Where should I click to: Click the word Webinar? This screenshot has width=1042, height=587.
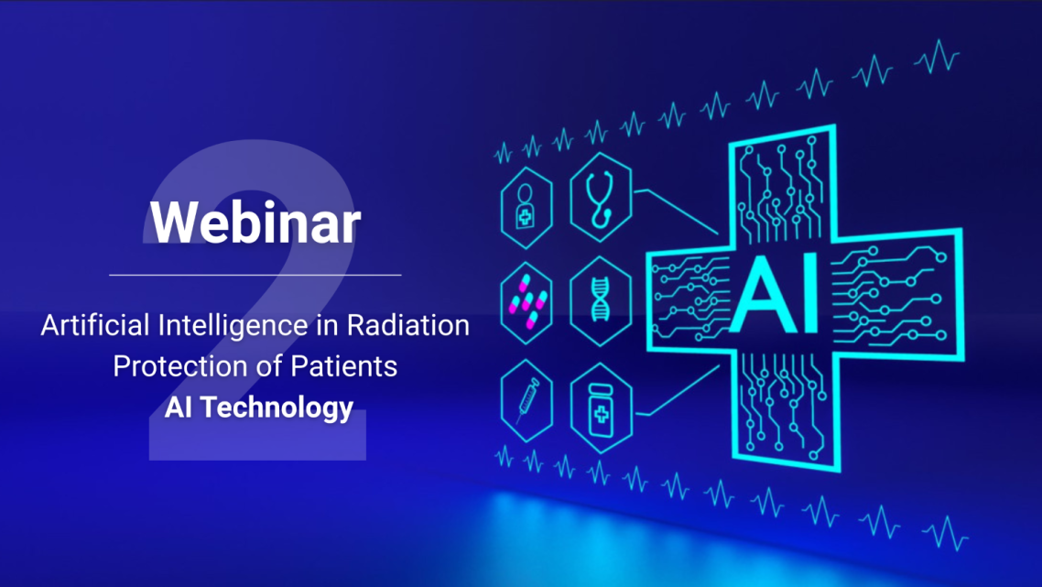[255, 222]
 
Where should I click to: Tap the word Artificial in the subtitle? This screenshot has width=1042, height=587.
[95, 325]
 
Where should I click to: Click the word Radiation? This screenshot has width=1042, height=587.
[408, 325]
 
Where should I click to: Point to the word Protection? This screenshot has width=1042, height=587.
[186, 366]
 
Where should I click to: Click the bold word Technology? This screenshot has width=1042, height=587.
[277, 408]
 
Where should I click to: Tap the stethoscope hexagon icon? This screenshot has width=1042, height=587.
[601, 198]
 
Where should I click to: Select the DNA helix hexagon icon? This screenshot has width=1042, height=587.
[601, 301]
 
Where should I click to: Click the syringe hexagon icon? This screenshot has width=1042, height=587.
[526, 401]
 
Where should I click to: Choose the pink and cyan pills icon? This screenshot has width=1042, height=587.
[527, 302]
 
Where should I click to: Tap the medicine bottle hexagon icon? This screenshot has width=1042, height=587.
[601, 408]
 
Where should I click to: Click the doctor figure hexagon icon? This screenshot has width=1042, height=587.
[526, 208]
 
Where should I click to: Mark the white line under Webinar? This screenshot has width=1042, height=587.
[255, 275]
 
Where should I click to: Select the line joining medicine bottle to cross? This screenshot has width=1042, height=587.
[678, 392]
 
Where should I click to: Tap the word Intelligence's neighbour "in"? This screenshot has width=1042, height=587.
[328, 325]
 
